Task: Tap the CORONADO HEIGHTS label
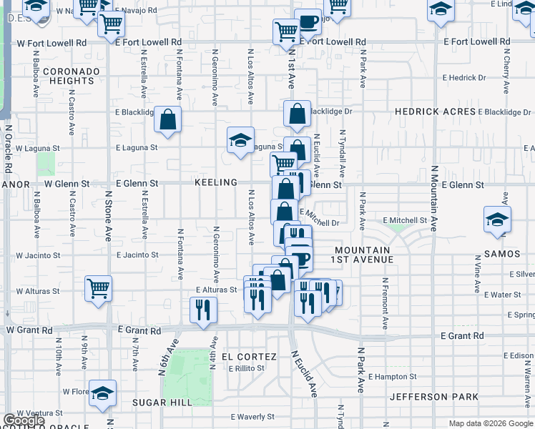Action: tap(69, 77)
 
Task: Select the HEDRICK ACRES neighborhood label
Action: tap(435, 112)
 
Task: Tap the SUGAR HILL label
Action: tap(162, 403)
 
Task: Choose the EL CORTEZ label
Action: tap(249, 357)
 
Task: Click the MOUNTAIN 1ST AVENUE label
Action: tap(362, 255)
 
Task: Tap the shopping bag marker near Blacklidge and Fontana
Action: tap(168, 120)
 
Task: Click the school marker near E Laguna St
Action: tap(241, 140)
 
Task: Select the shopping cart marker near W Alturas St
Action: tap(99, 288)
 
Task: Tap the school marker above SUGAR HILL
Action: tap(103, 393)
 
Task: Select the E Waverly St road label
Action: tap(253, 417)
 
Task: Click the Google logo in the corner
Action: tap(24, 420)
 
